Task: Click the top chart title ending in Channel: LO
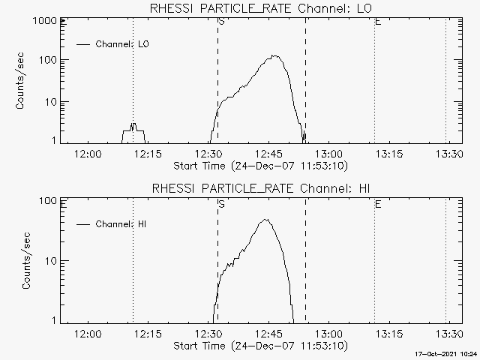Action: [260, 8]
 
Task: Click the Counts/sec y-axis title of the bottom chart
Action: [28, 261]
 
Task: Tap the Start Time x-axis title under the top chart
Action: [259, 165]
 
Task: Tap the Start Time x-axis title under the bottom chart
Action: [259, 345]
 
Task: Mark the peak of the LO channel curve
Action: [275, 55]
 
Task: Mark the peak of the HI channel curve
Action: [265, 220]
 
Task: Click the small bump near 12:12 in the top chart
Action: [133, 125]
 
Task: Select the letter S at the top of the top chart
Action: [220, 22]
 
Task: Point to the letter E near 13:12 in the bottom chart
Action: [377, 203]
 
